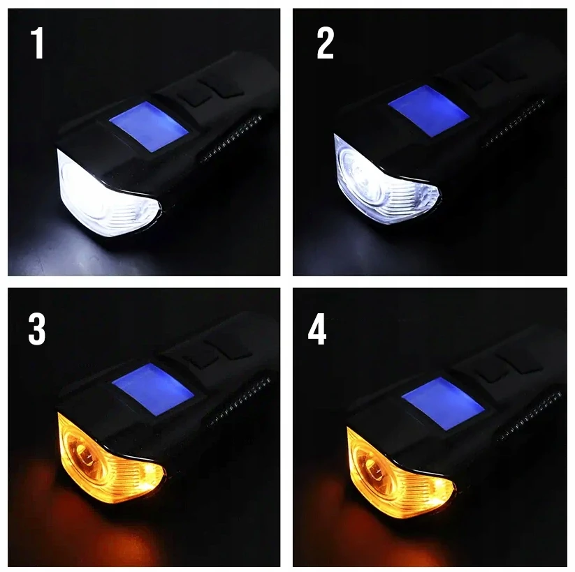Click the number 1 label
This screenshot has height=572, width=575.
[x=38, y=43]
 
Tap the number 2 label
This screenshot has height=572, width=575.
[x=326, y=43]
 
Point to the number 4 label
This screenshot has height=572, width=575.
[x=317, y=330]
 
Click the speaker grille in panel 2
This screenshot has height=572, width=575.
[x=513, y=123]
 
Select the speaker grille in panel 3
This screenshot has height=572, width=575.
[x=238, y=402]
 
